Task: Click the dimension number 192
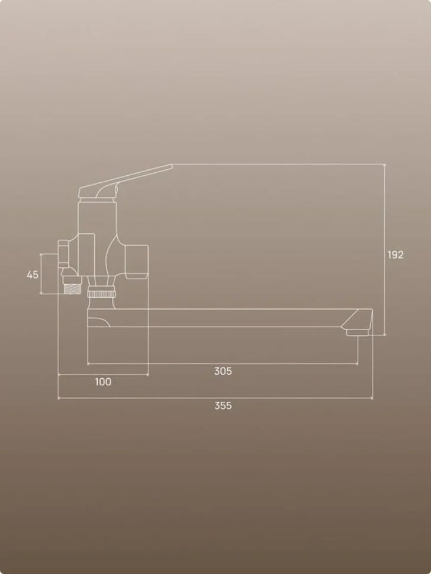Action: (x=395, y=254)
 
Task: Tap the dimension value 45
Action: (x=33, y=275)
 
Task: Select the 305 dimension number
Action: (x=223, y=371)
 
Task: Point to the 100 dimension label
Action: (x=103, y=382)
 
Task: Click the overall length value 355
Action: (x=223, y=405)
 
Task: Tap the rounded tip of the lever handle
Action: (x=171, y=166)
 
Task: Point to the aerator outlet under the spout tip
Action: (x=357, y=333)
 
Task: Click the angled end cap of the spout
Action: (x=357, y=319)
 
